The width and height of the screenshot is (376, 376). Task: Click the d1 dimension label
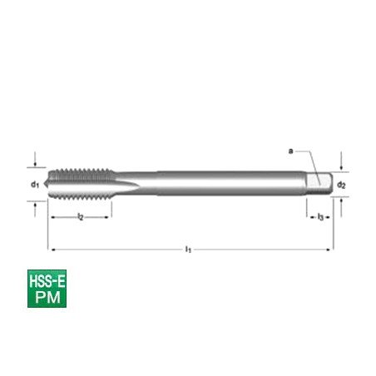[35, 184]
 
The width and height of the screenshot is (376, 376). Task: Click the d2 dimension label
[341, 185]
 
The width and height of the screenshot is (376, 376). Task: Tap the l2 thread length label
[81, 216]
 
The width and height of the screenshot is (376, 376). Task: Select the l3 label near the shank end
[320, 217]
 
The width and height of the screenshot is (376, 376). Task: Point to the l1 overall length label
[188, 250]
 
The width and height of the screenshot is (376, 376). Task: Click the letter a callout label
[290, 151]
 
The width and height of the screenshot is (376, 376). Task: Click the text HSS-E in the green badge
[47, 282]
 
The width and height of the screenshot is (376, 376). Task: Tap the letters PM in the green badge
[47, 297]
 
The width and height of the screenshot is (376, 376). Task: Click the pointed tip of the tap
[45, 183]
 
